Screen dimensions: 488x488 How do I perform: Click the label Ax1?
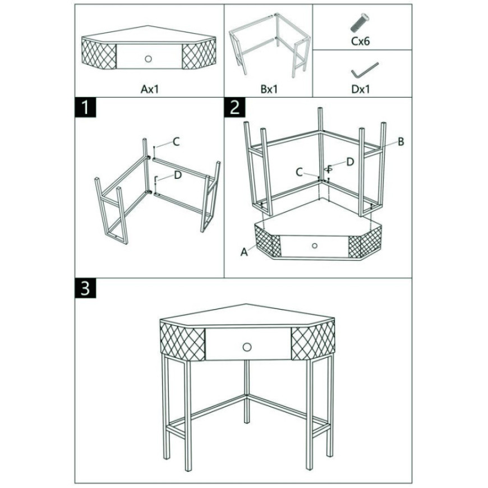tap(150, 89)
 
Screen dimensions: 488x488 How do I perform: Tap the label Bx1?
tap(269, 89)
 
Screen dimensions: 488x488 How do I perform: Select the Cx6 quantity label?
tap(361, 41)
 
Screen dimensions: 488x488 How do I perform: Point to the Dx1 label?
tap(361, 89)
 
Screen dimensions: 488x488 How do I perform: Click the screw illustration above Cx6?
tap(360, 22)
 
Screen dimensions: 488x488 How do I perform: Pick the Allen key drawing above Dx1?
tap(364, 70)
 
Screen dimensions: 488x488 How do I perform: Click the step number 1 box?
tap(85, 108)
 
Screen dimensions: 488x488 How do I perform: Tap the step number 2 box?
tap(234, 108)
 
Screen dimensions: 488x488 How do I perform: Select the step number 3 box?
tap(85, 288)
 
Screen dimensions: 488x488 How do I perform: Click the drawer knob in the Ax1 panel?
tap(148, 58)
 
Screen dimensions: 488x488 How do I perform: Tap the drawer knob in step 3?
tap(247, 347)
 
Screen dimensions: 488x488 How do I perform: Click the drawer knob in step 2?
tap(314, 246)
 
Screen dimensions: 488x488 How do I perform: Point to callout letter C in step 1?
tap(176, 142)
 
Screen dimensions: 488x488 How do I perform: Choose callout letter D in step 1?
tap(178, 175)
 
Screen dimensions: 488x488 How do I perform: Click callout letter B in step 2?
tap(401, 142)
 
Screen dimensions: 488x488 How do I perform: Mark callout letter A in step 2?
tap(245, 251)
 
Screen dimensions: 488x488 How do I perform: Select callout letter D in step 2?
tap(350, 162)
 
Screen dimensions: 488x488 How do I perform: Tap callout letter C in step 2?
tap(299, 172)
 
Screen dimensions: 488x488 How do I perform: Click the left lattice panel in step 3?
tap(183, 342)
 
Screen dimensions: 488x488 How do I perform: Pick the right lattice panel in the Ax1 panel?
tap(199, 53)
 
